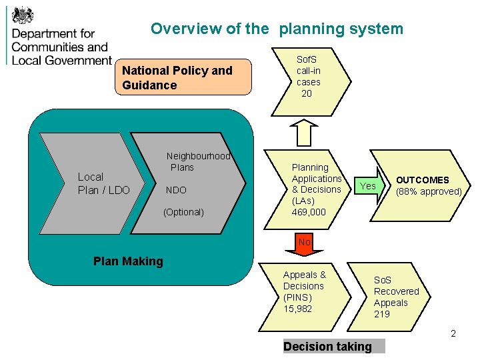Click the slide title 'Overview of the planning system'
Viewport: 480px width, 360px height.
[277, 29]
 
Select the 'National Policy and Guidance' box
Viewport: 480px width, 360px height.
[186, 78]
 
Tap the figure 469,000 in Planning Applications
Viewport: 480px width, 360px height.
[309, 212]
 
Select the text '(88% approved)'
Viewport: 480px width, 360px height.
[429, 191]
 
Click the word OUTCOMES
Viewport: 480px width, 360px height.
[423, 180]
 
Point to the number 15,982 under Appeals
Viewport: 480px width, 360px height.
[297, 309]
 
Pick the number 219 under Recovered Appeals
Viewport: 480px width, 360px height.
[382, 314]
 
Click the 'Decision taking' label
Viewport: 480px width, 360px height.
[327, 346]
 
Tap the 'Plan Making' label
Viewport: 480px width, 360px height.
[128, 261]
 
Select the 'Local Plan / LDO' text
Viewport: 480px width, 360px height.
[103, 183]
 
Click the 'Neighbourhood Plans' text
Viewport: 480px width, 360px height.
[197, 161]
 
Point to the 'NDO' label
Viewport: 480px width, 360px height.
[176, 190]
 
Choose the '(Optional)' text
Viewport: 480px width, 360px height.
[183, 212]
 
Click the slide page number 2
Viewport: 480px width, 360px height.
[453, 333]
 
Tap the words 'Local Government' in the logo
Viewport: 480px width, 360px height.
[61, 60]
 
